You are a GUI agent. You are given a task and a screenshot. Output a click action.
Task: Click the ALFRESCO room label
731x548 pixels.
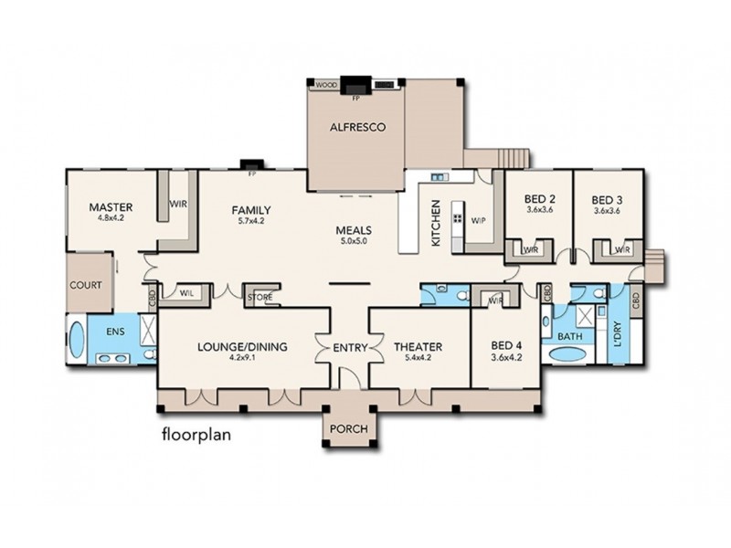[355, 129]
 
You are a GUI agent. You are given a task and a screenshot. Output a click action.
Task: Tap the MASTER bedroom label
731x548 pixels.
[112, 206]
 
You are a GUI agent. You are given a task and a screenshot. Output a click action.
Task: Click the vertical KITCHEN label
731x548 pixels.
[436, 223]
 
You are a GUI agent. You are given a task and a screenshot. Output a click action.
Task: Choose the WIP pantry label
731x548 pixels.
[477, 220]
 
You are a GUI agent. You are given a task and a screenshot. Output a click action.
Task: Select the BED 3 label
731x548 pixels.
[606, 198]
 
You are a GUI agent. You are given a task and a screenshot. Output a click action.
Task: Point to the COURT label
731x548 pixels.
[86, 284]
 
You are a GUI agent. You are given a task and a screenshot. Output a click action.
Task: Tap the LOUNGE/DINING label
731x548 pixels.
[243, 346]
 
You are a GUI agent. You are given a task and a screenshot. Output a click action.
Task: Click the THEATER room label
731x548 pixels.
[418, 346]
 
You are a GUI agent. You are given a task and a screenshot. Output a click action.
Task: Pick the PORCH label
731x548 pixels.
[347, 431]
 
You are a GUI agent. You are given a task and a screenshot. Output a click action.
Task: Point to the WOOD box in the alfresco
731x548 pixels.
[324, 85]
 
